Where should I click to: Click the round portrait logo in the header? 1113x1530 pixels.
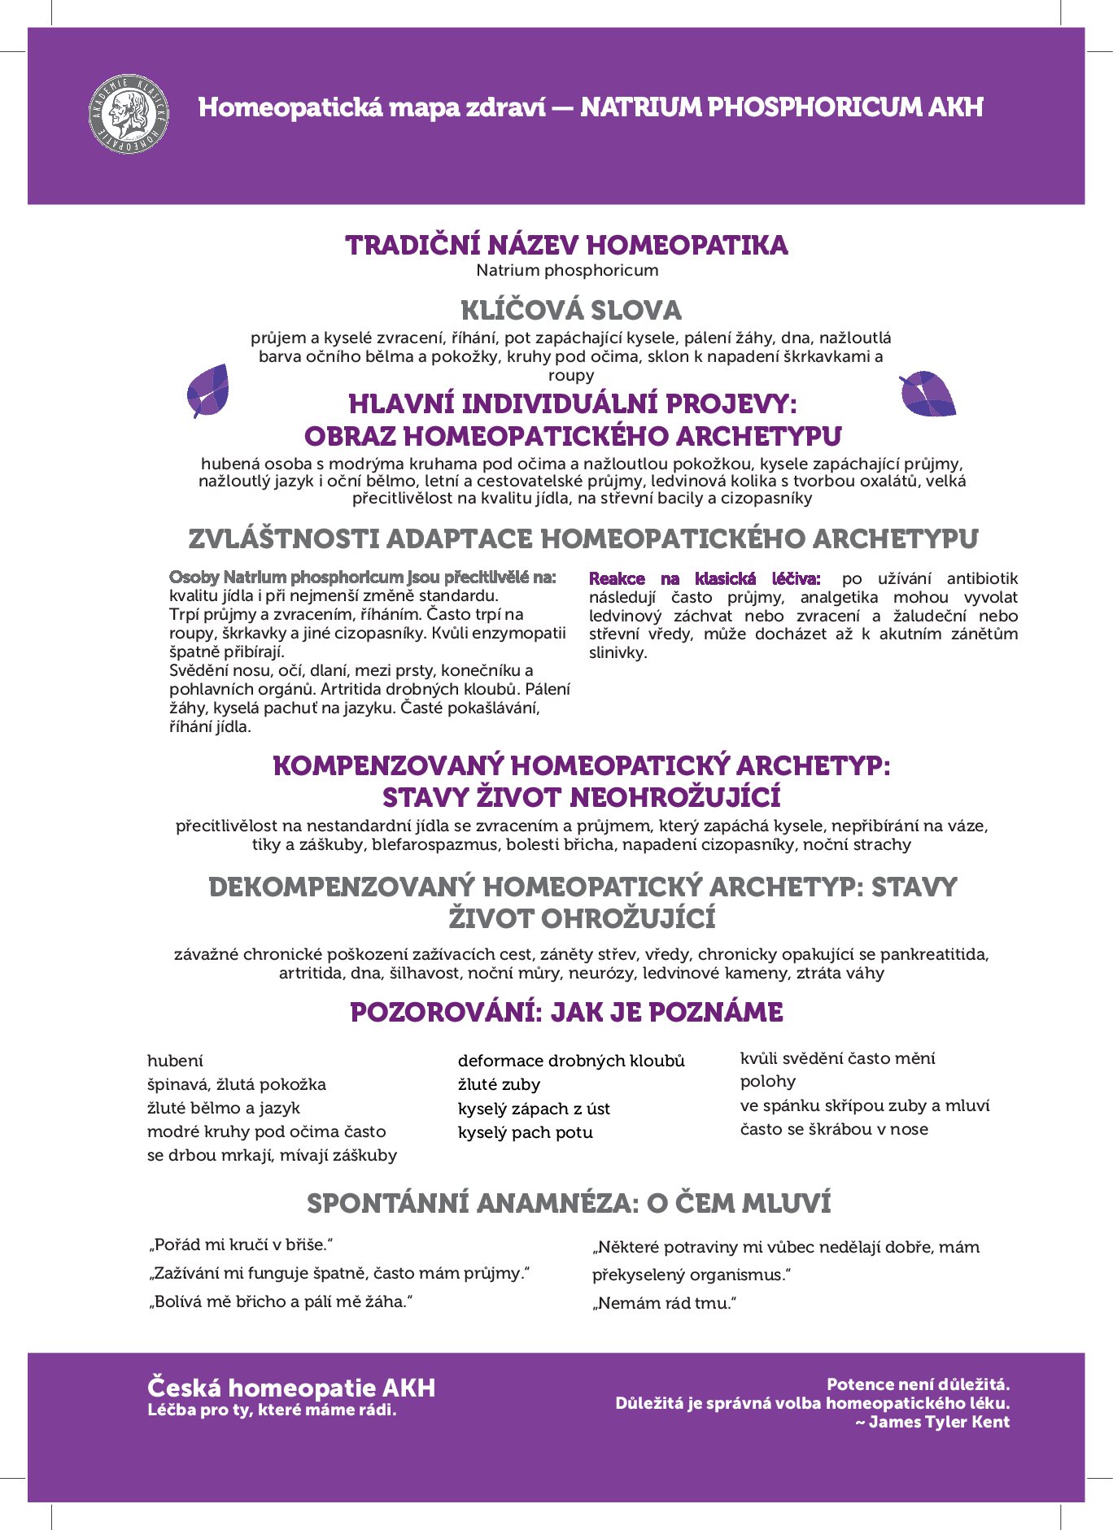pos(129,115)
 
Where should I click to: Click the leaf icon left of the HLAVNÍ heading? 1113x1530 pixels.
pos(207,390)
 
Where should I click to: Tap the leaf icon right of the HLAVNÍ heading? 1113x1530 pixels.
pos(927,394)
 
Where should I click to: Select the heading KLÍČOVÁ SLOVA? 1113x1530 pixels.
pos(570,311)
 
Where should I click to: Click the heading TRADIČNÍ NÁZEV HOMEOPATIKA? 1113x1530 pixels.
pos(566,246)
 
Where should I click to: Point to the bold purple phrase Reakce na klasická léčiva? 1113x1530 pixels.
pos(705,579)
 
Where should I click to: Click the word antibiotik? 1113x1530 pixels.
pos(982,579)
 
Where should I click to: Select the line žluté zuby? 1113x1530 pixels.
pos(499,1084)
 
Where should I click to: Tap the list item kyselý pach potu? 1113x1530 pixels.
pos(525,1132)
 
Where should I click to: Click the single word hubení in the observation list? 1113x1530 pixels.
pos(175,1061)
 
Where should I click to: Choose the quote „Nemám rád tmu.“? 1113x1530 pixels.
pos(664,1303)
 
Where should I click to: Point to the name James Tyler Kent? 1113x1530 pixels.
pos(939,1422)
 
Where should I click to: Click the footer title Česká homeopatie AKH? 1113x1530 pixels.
pos(291,1388)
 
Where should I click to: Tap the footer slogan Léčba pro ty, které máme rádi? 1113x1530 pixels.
pos(272,1410)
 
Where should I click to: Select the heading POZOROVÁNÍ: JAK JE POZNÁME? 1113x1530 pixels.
pos(566,1013)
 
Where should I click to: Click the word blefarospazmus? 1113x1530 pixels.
pos(434,844)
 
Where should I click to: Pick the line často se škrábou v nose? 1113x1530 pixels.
pos(834,1129)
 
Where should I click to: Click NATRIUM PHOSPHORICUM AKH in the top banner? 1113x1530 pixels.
pos(781,107)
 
